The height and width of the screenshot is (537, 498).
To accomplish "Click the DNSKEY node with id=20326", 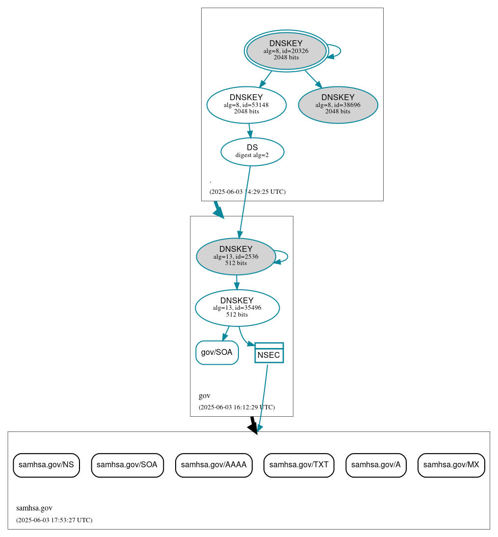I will (286, 51).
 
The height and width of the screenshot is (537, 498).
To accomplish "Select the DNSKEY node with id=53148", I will (246, 105).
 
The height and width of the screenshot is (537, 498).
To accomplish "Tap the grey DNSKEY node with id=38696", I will (338, 105).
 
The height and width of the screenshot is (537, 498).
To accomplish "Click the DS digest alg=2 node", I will (252, 151).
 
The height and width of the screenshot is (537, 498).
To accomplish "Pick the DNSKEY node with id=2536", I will (236, 256).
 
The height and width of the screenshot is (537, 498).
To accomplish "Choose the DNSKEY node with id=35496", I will (237, 308).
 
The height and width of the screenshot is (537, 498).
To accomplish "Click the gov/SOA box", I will (217, 352).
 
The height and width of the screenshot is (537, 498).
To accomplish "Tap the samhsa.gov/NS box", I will (46, 465).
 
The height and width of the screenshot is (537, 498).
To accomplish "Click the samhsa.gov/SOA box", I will (127, 465).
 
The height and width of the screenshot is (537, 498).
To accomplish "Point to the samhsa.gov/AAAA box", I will (213, 465).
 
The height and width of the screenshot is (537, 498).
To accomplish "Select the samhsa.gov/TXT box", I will (299, 465).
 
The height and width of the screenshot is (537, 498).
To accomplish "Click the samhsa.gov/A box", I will (376, 465).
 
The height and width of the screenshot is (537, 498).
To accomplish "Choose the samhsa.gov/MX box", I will (451, 465).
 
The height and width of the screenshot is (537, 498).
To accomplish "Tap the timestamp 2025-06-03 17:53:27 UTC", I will (54, 520).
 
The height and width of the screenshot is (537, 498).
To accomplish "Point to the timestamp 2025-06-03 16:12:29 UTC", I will (236, 407).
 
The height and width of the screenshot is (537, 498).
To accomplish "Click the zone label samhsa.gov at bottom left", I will (34, 508).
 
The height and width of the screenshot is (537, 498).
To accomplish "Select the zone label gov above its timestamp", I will (205, 396).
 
